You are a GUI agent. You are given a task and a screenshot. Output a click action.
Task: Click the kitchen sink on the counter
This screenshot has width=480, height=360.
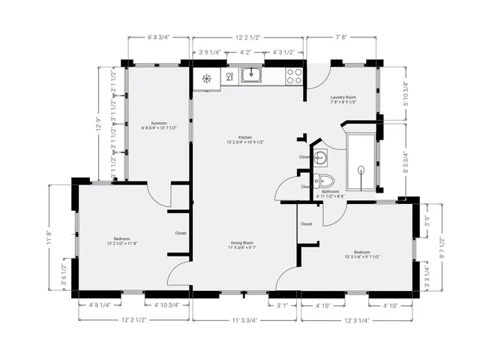tap(250, 74)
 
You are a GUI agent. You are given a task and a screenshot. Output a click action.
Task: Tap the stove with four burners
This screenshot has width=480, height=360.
tap(293, 75)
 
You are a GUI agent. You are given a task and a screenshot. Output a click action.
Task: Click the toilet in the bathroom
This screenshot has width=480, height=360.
tap(324, 180)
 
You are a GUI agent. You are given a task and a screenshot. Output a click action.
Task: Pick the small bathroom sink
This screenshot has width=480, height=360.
tap(319, 157)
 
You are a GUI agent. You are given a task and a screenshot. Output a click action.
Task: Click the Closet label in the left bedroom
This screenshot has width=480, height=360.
tap(181, 233)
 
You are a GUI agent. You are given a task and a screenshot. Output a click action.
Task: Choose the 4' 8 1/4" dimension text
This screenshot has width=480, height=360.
tap(100, 305)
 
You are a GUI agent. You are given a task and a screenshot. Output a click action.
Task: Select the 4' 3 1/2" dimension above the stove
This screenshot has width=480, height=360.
tap(289, 52)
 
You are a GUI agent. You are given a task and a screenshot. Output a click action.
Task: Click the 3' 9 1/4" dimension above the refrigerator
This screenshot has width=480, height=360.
tap(210, 52)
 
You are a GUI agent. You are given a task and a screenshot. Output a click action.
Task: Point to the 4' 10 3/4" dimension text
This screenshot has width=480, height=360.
tap(166, 305)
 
